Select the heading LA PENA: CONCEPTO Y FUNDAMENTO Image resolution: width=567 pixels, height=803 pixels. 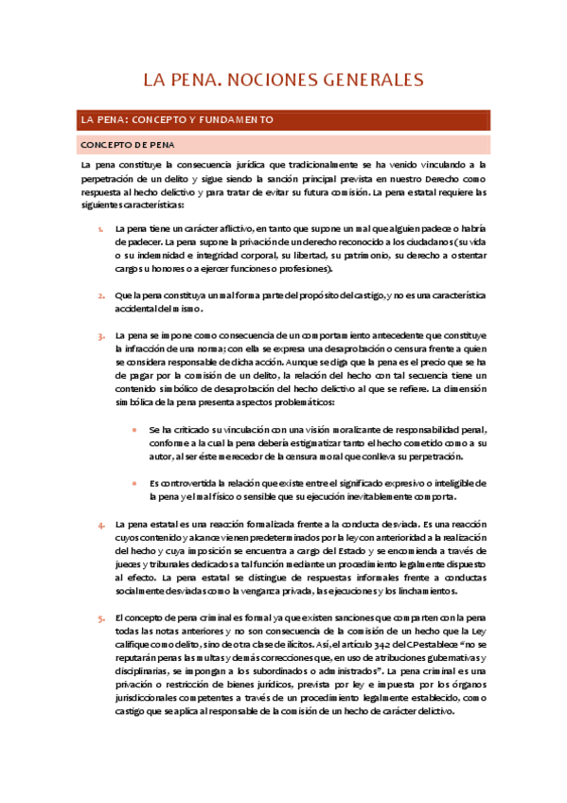pyautogui.click(x=178, y=120)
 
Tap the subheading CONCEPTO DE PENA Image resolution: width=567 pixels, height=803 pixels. pyautogui.click(x=126, y=145)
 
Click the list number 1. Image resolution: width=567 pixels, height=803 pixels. pyautogui.click(x=102, y=229)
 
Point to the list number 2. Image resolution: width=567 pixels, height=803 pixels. pyautogui.click(x=102, y=295)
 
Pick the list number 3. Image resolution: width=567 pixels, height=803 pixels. pyautogui.click(x=102, y=335)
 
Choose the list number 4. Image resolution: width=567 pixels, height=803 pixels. pyautogui.click(x=102, y=525)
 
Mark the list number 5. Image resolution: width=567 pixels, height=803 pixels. pyautogui.click(x=102, y=617)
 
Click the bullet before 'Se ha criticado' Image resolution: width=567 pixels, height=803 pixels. pyautogui.click(x=136, y=429)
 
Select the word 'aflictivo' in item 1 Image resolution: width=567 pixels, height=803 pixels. pyautogui.click(x=229, y=229)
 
